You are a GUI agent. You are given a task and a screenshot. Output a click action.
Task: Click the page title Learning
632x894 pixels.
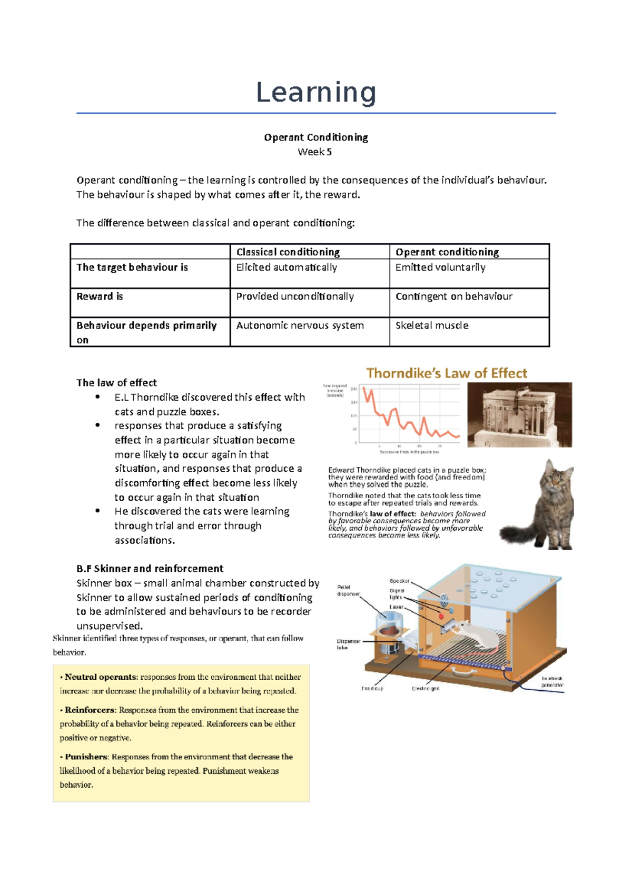[x=316, y=93]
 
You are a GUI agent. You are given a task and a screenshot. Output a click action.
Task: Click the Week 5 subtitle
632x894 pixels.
[x=314, y=152]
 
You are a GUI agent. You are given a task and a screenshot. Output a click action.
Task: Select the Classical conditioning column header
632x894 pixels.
[x=288, y=252]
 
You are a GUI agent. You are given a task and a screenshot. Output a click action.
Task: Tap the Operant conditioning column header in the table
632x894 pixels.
[x=447, y=252]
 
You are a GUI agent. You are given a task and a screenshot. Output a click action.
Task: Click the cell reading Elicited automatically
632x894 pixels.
[x=286, y=267]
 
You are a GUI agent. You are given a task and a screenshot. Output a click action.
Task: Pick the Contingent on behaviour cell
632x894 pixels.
[x=453, y=296]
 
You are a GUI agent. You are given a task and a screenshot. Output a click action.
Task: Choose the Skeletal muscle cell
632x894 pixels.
[x=432, y=325]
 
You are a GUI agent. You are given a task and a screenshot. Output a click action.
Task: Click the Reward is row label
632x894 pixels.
[x=100, y=296]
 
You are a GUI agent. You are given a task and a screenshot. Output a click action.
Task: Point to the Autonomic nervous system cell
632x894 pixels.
[x=300, y=325]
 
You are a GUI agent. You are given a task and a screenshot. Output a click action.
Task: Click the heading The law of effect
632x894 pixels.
[x=116, y=383]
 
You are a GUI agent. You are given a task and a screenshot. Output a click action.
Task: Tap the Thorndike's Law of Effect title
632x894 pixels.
[x=447, y=373]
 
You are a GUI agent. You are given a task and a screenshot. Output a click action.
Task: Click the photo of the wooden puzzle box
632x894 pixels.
[x=519, y=415]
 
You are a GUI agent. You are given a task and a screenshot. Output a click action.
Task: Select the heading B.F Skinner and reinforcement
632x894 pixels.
[x=150, y=569]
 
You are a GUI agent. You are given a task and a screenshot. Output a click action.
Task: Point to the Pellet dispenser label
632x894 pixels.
[x=348, y=590]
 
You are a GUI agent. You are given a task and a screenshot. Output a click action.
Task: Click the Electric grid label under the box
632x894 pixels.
[x=425, y=688]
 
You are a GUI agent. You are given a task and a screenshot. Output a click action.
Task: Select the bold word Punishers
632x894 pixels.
[x=86, y=757]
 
